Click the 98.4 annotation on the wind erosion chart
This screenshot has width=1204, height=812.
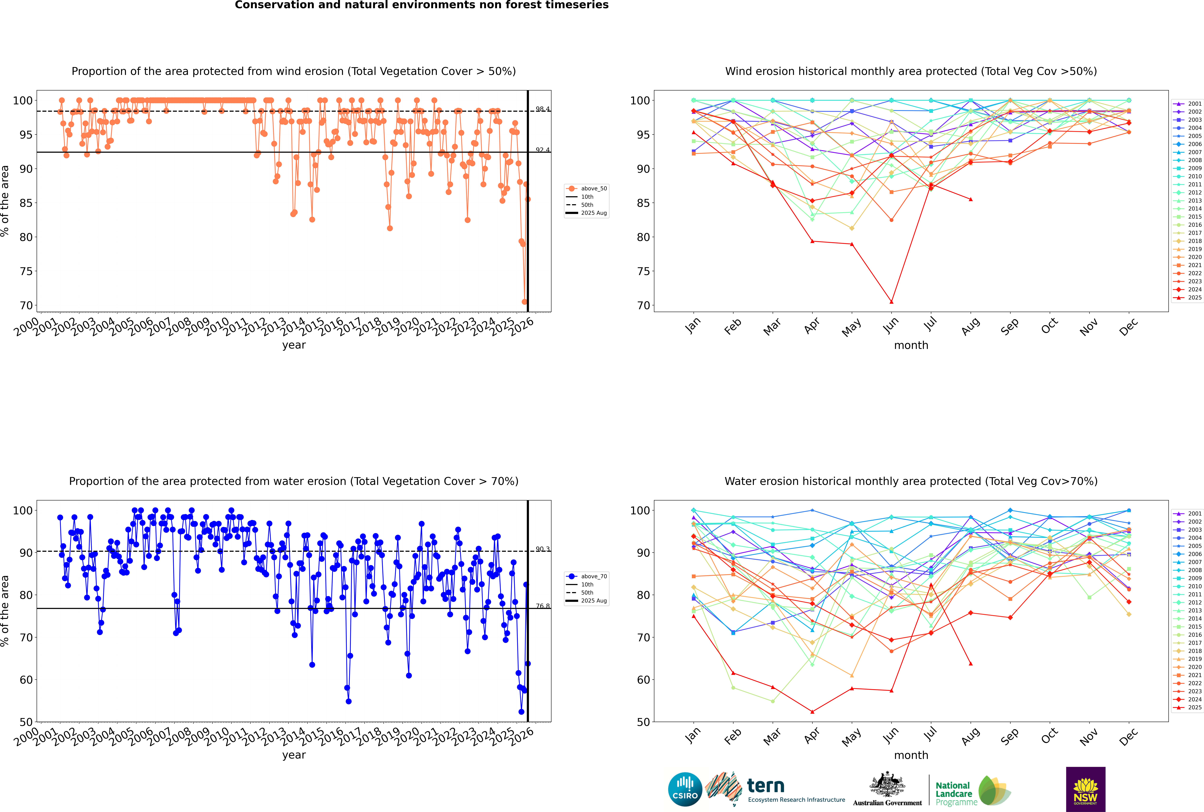[x=542, y=109]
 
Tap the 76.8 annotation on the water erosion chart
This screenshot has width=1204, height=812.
[x=542, y=606]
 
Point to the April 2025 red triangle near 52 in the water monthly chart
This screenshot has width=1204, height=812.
[x=812, y=711]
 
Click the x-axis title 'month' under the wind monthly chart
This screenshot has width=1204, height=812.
[x=911, y=345]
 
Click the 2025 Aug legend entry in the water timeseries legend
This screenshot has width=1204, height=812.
[x=593, y=601]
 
